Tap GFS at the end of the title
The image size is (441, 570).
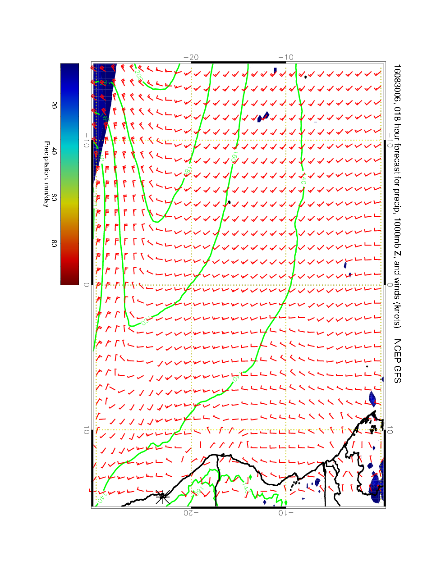tap(396, 374)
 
